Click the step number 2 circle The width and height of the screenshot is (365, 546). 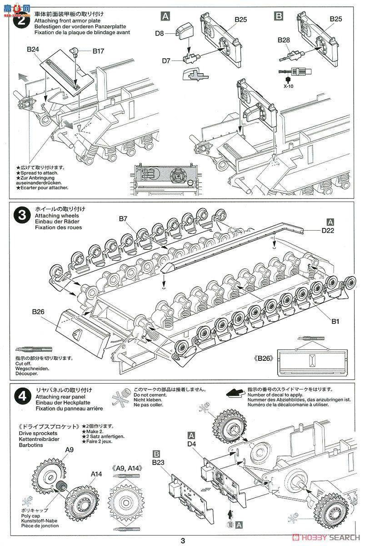pos(21,21)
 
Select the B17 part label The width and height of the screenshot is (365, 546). pos(98,51)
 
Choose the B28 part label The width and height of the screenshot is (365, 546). pos(284,40)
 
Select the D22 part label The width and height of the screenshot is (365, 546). pos(328,231)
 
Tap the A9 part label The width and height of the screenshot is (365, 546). pos(69,450)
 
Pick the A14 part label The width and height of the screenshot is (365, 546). pos(96,474)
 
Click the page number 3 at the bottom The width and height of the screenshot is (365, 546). pos(183,541)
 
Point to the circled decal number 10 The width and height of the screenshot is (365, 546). pos(231,525)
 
